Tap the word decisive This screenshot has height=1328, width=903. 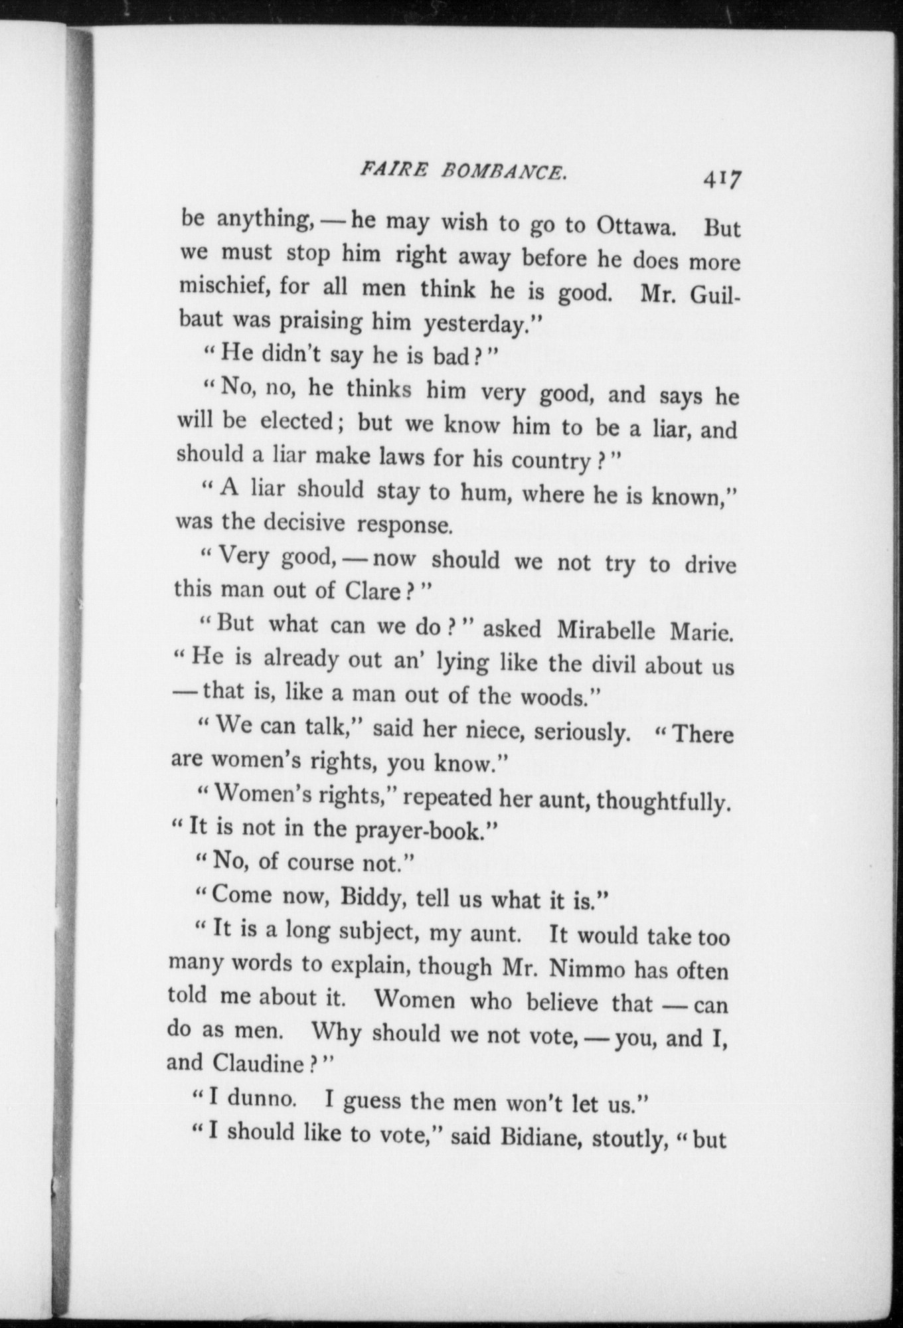(304, 523)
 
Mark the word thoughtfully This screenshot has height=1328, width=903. (663, 801)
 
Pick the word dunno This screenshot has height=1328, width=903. (262, 1098)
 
